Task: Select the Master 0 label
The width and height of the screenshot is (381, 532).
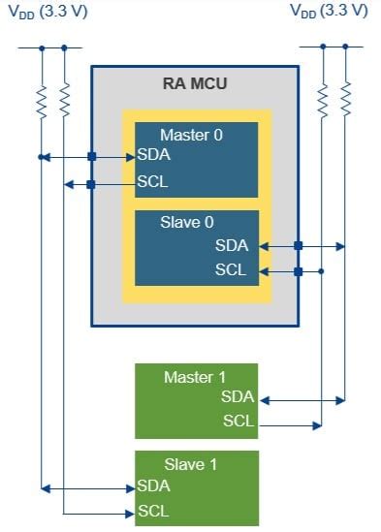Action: tap(191, 135)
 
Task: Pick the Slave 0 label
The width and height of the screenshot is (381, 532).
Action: tap(187, 223)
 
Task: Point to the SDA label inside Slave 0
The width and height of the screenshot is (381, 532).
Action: tap(232, 246)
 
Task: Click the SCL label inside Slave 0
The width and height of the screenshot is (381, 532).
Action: tap(232, 270)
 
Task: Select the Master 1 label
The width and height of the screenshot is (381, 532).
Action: tap(195, 376)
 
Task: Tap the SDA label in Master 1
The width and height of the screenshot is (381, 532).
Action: tap(238, 397)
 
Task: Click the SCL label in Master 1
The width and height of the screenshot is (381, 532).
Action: tap(238, 422)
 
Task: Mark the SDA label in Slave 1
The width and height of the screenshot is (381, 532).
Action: tap(154, 485)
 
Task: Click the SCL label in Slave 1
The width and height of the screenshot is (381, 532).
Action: tap(154, 511)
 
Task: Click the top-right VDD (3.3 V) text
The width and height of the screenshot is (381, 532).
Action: tap(330, 11)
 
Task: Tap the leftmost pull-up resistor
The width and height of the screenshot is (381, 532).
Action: tap(42, 99)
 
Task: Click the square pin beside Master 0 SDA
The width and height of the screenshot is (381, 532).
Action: tap(91, 156)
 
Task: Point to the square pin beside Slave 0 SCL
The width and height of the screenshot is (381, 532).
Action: tap(298, 271)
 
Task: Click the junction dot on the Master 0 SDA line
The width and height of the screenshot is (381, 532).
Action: tap(42, 156)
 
